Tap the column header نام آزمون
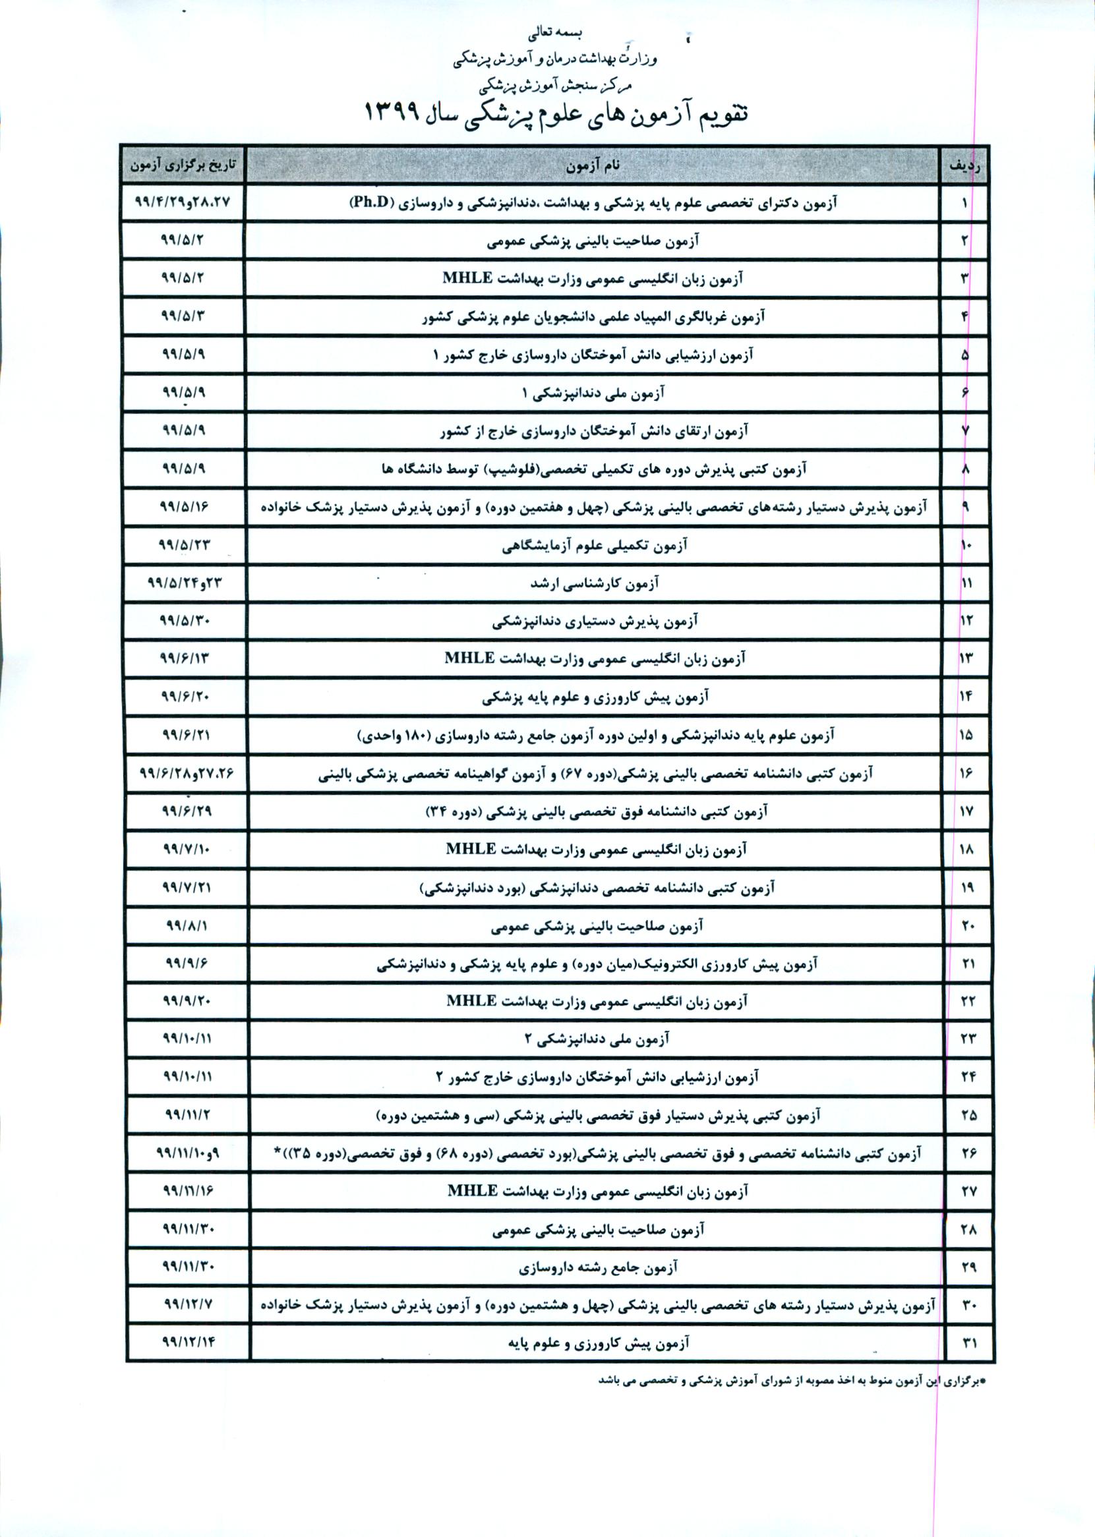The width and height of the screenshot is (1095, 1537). [x=593, y=165]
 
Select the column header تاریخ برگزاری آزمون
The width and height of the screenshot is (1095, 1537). [x=183, y=165]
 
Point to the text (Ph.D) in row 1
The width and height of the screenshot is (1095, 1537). [x=372, y=202]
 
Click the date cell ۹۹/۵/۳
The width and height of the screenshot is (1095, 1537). [x=182, y=316]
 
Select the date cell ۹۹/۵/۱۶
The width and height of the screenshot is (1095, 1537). [x=184, y=506]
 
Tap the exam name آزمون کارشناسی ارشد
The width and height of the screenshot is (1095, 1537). [x=594, y=583]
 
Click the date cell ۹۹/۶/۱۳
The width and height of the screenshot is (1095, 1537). [x=184, y=658]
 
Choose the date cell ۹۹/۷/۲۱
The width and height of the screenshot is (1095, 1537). [x=186, y=887]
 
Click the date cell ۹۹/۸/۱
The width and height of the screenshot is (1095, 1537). [x=187, y=925]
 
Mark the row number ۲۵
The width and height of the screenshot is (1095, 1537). [x=968, y=1116]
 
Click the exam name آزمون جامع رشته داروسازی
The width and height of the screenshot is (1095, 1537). [x=597, y=1268]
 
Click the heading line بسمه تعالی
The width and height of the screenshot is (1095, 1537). [x=555, y=32]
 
